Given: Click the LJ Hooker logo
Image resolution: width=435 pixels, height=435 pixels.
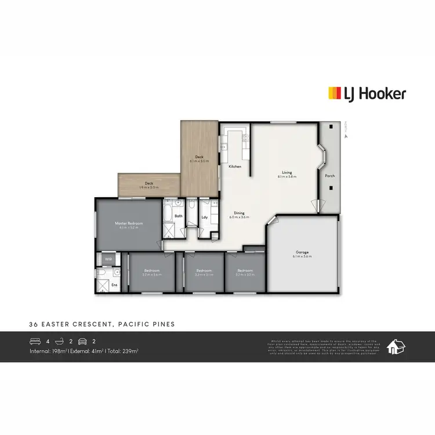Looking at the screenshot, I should coord(367,93).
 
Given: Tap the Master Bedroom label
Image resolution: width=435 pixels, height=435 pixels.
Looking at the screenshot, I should coord(129,223).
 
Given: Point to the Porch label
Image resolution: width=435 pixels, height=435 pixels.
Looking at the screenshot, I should coord(329,176).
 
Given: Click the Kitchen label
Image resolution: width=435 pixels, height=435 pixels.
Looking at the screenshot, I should coord(235,166).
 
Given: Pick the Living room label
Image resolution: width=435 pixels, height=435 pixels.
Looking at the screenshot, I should coord(287,172).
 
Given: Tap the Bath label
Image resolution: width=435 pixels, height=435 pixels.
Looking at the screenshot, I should coord(179,216).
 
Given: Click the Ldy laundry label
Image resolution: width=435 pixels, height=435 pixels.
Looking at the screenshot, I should coord(205,217).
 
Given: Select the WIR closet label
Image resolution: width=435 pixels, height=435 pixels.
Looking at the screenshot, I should coord(108,259).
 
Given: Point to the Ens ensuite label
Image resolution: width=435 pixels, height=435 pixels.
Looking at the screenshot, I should coord(114,285).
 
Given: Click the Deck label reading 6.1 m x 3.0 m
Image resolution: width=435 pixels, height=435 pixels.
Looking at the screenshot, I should coord(199,157).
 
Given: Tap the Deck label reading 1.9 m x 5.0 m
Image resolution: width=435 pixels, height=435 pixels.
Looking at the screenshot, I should coord(148,185).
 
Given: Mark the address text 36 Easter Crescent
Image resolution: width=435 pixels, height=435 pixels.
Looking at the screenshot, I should coord(101,324).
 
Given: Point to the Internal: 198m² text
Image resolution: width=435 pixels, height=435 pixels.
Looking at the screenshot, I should coord(49,351).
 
